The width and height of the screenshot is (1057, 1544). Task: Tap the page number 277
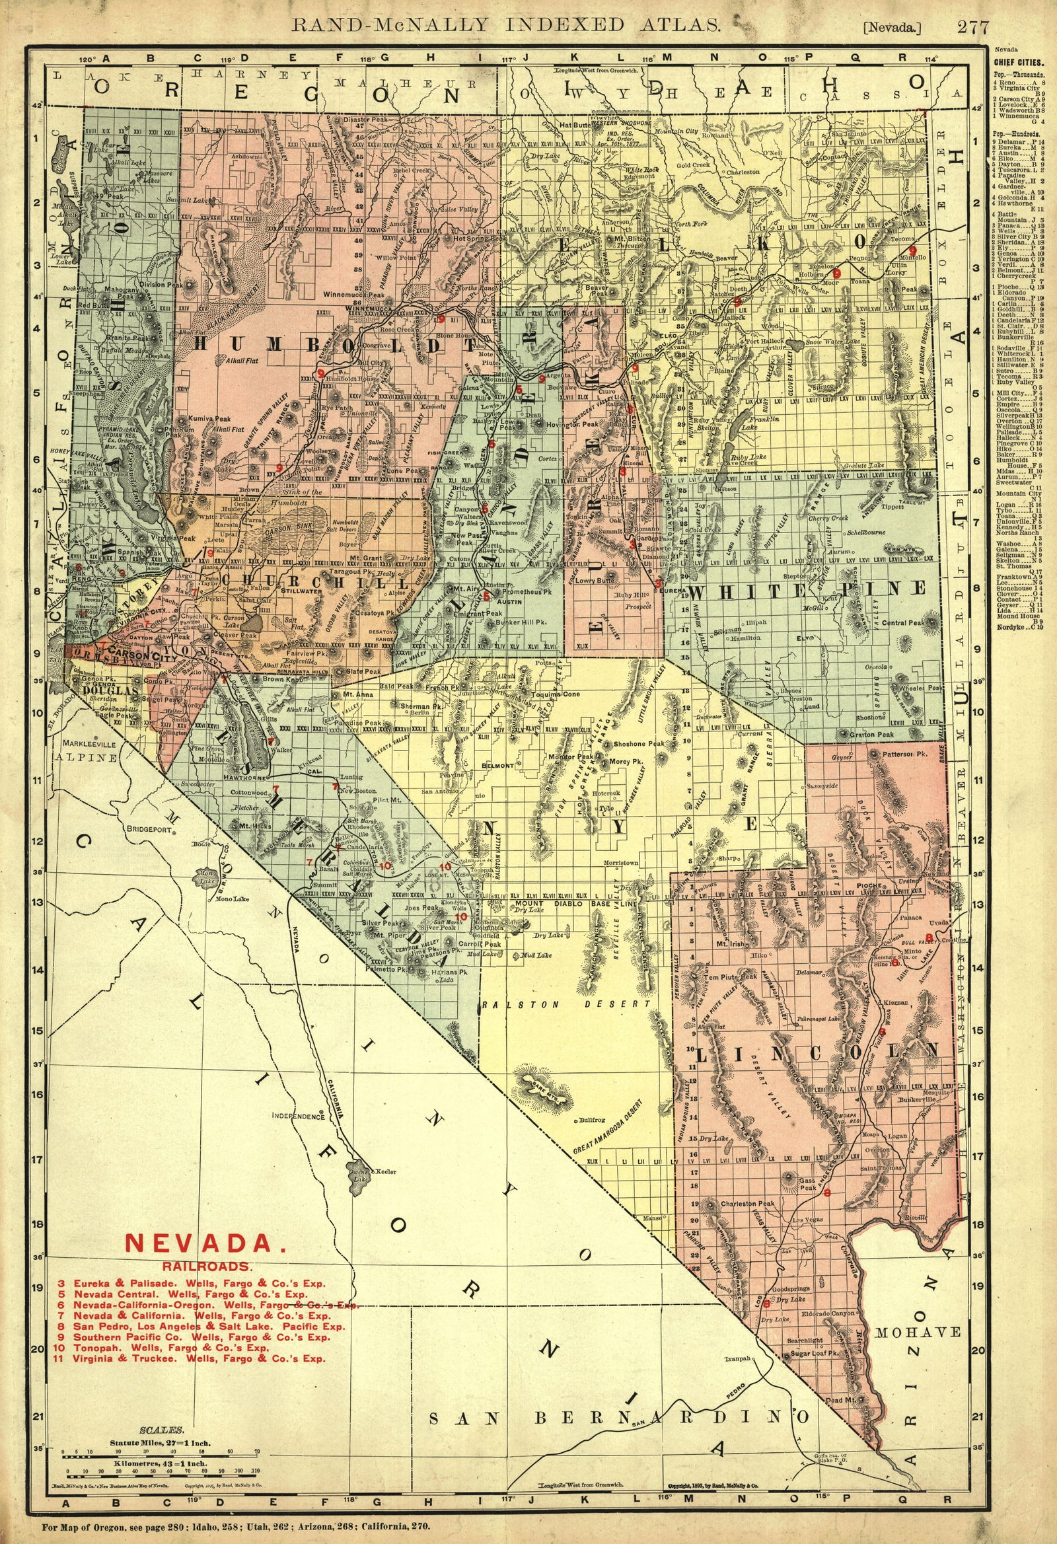click(972, 26)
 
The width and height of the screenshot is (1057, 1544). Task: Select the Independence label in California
click(299, 1116)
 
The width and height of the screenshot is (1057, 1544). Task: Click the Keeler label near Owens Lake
click(385, 1171)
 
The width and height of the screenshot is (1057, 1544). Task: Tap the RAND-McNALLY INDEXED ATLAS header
click(506, 25)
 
